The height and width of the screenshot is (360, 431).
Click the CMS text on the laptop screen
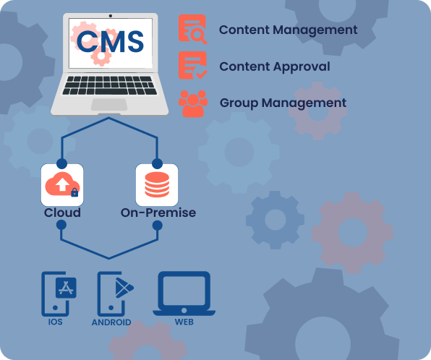pyautogui.click(x=110, y=41)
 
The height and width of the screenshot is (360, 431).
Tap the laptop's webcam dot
pyautogui.click(x=111, y=16)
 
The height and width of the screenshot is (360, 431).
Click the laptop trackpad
pyautogui.click(x=109, y=105)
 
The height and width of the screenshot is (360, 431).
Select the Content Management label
pyautogui.click(x=288, y=30)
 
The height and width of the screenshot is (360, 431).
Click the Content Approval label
pyautogui.click(x=275, y=67)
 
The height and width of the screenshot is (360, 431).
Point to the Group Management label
pyautogui.click(x=283, y=103)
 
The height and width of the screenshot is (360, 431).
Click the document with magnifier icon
pyautogui.click(x=192, y=29)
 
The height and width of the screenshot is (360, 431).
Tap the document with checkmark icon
pyautogui.click(x=192, y=65)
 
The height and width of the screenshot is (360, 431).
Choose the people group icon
pyautogui.click(x=193, y=103)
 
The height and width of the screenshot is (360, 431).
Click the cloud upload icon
pyautogui.click(x=62, y=184)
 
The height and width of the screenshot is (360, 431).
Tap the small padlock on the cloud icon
pyautogui.click(x=74, y=192)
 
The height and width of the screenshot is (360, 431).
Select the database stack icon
pyautogui.click(x=157, y=184)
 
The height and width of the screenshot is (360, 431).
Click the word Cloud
pyautogui.click(x=62, y=213)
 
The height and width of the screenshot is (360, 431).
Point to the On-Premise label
pyautogui.click(x=158, y=213)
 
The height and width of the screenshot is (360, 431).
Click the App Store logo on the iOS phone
pyautogui.click(x=66, y=288)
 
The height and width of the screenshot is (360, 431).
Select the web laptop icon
pyautogui.click(x=184, y=293)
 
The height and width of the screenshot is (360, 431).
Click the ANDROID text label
pyautogui.click(x=111, y=322)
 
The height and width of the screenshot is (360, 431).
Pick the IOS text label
pyautogui.click(x=55, y=322)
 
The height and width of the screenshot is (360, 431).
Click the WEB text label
pyautogui.click(x=184, y=322)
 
